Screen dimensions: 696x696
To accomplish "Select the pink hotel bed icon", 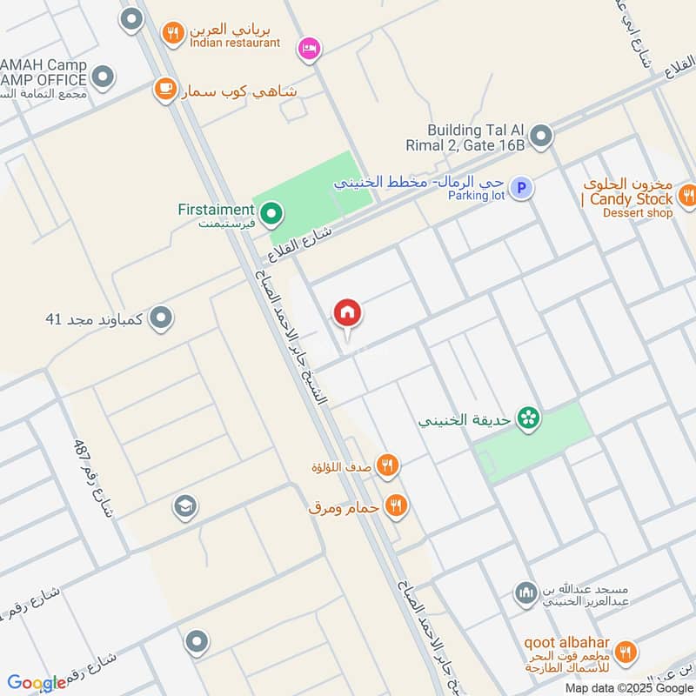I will pos(308,48).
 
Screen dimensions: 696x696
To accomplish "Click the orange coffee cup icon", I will pos(164,90).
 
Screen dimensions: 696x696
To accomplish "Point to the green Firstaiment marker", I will pos(271,212).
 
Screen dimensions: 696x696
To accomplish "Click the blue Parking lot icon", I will pos(520,188).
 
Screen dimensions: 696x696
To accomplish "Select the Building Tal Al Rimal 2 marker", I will pos(541,137).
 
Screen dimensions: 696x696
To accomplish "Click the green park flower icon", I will pos(526,419).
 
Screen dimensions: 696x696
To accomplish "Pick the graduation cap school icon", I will pos(184,506).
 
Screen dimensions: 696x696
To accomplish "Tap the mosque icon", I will pos(525,594).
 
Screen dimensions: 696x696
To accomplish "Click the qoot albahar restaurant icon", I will pos(625,652).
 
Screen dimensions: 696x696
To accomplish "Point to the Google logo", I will pos(37,683).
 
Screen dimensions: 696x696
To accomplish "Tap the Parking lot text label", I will pos(476,197).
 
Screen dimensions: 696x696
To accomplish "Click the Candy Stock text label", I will pos(631,200).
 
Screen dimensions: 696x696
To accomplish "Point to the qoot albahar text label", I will pos(565,643).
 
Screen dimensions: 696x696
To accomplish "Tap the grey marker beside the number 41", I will pos(160,319).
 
